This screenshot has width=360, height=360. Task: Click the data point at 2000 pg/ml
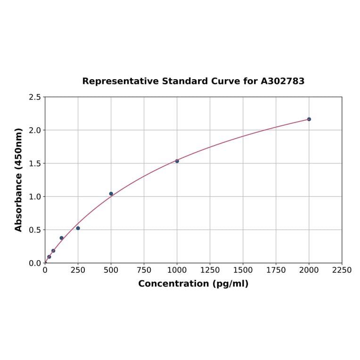coord(309,119)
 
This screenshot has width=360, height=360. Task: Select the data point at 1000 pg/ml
coord(177,161)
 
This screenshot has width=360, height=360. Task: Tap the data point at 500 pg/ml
coord(111,194)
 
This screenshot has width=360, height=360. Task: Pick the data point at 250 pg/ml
coord(78,228)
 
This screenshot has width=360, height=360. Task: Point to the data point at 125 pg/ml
coord(62,238)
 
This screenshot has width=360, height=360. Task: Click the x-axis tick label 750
coord(144,270)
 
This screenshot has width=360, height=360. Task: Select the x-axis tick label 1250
coord(210,270)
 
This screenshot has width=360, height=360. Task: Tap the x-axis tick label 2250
coord(342,270)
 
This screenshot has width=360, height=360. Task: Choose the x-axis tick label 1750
coord(276,270)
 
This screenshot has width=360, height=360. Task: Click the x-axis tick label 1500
coord(243,270)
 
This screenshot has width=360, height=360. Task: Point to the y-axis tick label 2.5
coord(35,97)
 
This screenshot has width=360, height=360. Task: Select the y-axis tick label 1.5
coord(35,164)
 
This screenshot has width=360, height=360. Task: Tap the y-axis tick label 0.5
coord(35,230)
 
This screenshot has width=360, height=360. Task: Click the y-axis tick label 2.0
coord(35,130)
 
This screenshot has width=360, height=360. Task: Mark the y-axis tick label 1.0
coord(35,196)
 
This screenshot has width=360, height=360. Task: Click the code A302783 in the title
coord(283,81)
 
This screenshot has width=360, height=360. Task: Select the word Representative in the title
coord(120,81)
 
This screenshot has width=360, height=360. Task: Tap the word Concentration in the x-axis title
coord(172,284)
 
